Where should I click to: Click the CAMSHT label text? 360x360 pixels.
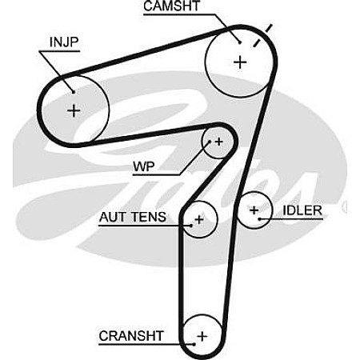click(172, 6)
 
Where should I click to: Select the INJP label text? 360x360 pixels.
click(64, 42)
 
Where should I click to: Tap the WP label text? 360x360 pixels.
click(144, 167)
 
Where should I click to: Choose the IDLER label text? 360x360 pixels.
click(302, 210)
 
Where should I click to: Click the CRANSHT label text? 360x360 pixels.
click(131, 336)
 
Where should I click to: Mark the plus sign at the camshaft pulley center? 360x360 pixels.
click(240, 62)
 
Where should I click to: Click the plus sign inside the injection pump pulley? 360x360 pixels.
click(74, 110)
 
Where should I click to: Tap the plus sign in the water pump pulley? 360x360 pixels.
click(218, 142)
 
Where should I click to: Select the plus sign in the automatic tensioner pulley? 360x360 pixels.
click(199, 220)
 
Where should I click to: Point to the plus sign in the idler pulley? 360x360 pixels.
click(254, 210)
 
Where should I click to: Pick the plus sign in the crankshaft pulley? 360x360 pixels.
click(202, 336)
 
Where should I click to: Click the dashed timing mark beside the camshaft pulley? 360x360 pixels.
click(262, 35)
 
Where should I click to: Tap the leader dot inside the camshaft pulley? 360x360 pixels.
click(240, 42)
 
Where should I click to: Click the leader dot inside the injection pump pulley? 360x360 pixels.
click(74, 92)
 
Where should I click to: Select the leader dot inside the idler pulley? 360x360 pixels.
click(259, 219)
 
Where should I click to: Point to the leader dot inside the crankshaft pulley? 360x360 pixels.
click(194, 344)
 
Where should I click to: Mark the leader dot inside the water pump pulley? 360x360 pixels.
click(210, 142)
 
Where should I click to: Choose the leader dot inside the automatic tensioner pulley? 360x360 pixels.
click(191, 226)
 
